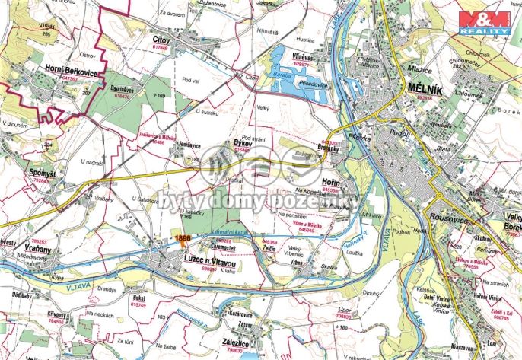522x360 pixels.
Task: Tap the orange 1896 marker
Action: tap(181, 238)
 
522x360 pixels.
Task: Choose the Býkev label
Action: tap(242, 143)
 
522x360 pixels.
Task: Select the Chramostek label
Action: tap(227, 247)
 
